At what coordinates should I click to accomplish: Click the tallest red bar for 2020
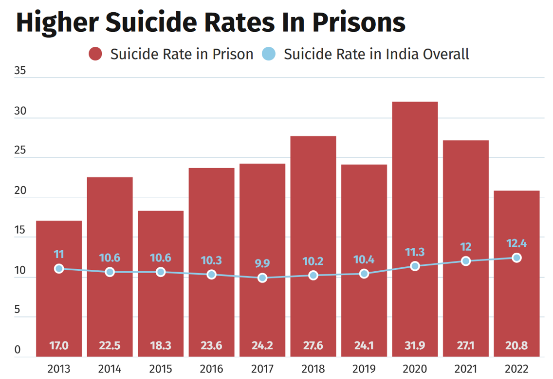[x=415, y=195]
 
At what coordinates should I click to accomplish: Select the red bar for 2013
[x=59, y=302]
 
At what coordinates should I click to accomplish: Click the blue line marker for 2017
[x=262, y=278]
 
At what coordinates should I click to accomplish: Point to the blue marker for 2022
[x=516, y=258]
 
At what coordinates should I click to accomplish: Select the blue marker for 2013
[x=59, y=268]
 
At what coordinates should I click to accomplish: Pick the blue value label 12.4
[x=516, y=243]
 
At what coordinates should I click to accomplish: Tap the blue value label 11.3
[x=415, y=252]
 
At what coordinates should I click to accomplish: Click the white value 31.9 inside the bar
[x=415, y=346]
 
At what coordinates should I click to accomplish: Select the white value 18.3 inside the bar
[x=161, y=346]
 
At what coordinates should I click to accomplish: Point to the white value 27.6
[x=313, y=346]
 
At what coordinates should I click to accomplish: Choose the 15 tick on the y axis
[x=21, y=230]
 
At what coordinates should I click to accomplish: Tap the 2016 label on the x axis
[x=211, y=368]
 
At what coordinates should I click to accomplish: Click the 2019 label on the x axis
[x=364, y=368]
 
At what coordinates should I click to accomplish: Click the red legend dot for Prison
[x=95, y=54]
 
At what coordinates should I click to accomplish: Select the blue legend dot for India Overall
[x=268, y=54]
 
